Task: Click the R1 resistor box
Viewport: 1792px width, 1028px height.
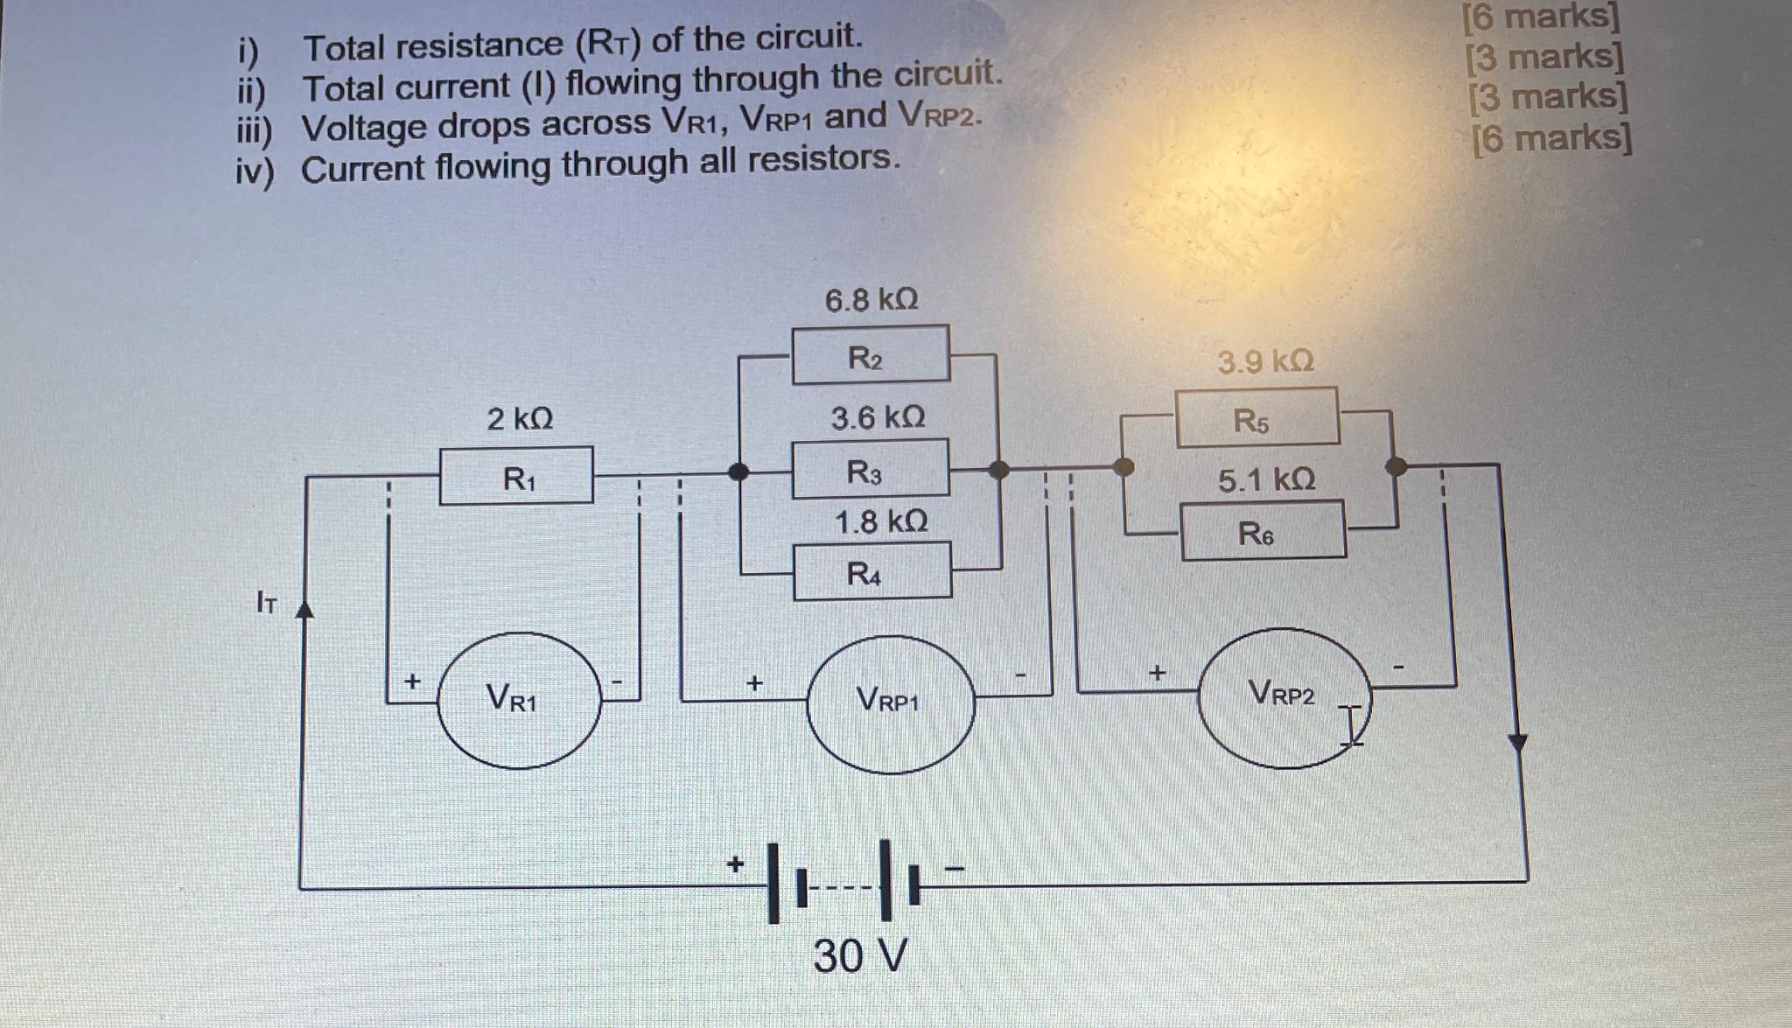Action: click(x=516, y=476)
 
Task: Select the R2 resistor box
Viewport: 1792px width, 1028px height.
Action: click(x=871, y=354)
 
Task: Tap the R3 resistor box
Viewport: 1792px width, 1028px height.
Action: click(x=871, y=469)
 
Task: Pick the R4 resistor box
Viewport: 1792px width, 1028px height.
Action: click(x=871, y=571)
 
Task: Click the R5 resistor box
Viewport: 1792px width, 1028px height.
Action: click(x=1257, y=417)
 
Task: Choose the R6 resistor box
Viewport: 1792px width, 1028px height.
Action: click(x=1263, y=530)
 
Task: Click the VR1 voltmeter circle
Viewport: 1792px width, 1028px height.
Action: click(x=519, y=700)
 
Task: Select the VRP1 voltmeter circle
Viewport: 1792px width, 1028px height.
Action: click(x=890, y=703)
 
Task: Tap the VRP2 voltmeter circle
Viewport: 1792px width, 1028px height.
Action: click(x=1284, y=697)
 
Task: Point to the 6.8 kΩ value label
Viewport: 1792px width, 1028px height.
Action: click(x=871, y=300)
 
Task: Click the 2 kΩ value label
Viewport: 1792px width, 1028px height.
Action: click(x=520, y=419)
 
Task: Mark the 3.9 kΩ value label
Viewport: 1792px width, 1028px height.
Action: click(x=1265, y=360)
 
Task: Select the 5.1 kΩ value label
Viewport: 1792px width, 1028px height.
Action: click(x=1266, y=479)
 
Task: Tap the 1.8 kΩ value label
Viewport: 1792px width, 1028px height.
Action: click(x=880, y=522)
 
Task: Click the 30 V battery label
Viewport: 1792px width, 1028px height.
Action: click(x=860, y=955)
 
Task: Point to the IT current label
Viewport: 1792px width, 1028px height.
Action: click(x=266, y=602)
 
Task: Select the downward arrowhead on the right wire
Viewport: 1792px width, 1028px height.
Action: click(x=1518, y=744)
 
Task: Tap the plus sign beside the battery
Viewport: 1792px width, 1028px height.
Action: click(x=736, y=864)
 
